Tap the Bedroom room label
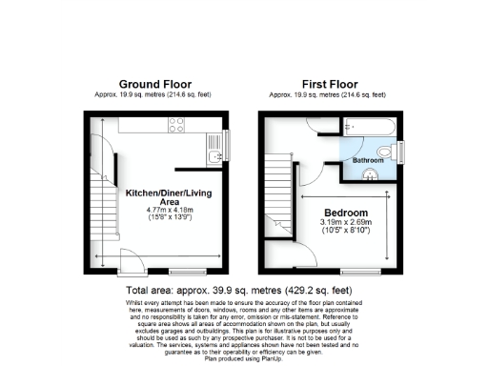pos(344,212)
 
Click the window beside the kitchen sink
pos(225,143)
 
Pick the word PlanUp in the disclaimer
pos(262,361)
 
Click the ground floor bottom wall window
pos(181,271)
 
